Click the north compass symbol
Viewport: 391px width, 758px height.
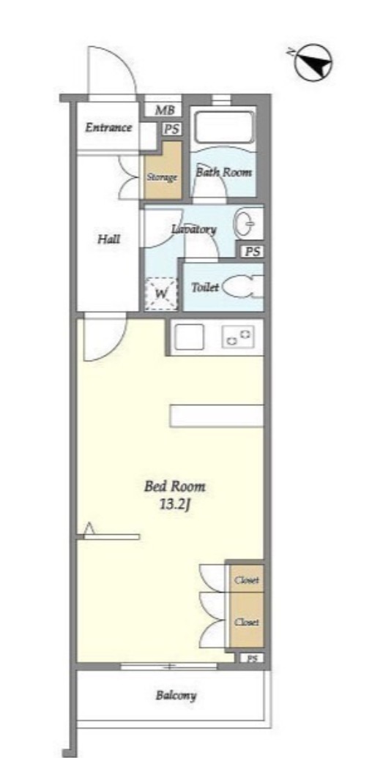pyautogui.click(x=313, y=62)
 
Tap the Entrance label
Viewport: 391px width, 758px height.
pyautogui.click(x=108, y=127)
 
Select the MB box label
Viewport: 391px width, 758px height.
pyautogui.click(x=164, y=110)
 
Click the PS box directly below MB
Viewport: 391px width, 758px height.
pyautogui.click(x=171, y=129)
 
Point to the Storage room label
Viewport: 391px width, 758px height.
pyautogui.click(x=162, y=177)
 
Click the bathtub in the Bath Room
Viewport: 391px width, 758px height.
pyautogui.click(x=223, y=127)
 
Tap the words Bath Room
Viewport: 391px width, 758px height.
pyautogui.click(x=223, y=172)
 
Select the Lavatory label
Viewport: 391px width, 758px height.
pyautogui.click(x=194, y=229)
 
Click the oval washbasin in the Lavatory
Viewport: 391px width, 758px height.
pyautogui.click(x=245, y=224)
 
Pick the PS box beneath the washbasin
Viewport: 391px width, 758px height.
pyautogui.click(x=252, y=252)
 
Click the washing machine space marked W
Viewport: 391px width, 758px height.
pyautogui.click(x=161, y=293)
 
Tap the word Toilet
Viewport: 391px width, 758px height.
pyautogui.click(x=205, y=288)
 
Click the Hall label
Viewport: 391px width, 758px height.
pyautogui.click(x=109, y=239)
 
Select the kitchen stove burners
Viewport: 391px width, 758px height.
pyautogui.click(x=238, y=337)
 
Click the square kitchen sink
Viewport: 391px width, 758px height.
pyautogui.click(x=189, y=337)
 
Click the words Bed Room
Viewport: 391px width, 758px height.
pyautogui.click(x=175, y=487)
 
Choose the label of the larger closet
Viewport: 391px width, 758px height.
pyautogui.click(x=247, y=622)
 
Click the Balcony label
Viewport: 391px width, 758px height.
pyautogui.click(x=176, y=696)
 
